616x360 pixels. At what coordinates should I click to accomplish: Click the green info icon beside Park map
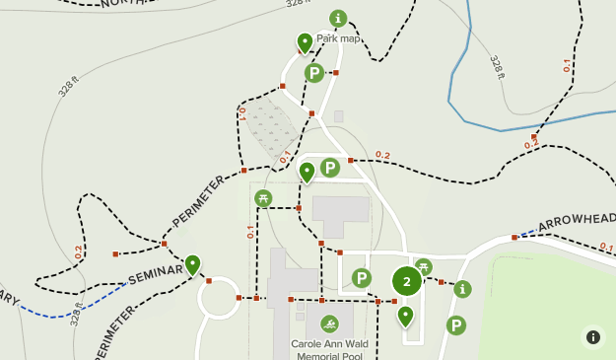click(x=338, y=18)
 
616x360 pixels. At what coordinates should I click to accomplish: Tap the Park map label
click(x=338, y=38)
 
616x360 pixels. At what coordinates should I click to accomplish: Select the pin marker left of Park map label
click(x=305, y=42)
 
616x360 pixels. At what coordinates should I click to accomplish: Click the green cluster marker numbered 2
click(x=407, y=281)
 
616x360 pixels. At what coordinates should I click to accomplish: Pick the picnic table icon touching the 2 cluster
click(x=424, y=265)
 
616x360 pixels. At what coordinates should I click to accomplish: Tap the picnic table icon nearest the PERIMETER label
click(x=263, y=198)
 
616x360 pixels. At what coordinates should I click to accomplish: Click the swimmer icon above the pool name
click(x=329, y=324)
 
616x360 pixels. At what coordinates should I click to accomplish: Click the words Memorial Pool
click(x=329, y=355)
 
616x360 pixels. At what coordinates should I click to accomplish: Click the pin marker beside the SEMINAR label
click(x=192, y=263)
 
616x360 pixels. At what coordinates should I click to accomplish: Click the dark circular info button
click(x=593, y=336)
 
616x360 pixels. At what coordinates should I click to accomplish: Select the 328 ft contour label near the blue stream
click(x=498, y=67)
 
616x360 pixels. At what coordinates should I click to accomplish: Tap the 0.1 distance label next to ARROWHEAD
click(x=606, y=247)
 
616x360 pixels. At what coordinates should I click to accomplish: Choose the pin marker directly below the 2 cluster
click(x=405, y=316)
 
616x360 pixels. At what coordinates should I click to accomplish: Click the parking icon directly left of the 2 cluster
click(x=362, y=278)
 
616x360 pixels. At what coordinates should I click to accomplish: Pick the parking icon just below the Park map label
click(x=313, y=72)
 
